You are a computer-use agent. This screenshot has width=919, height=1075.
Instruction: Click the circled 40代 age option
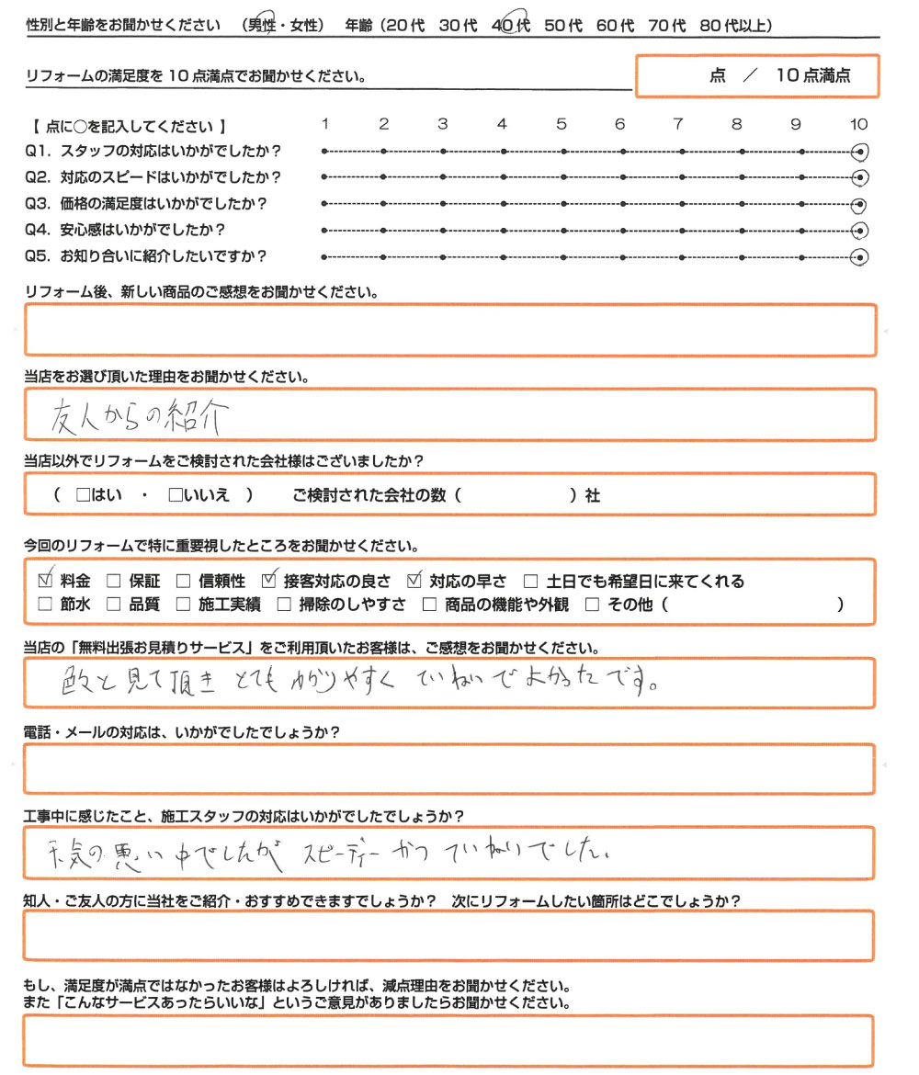pyautogui.click(x=511, y=26)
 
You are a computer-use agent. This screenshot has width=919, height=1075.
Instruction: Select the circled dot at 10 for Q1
pyautogui.click(x=860, y=152)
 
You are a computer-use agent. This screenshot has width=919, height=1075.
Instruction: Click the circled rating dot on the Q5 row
pyautogui.click(x=860, y=257)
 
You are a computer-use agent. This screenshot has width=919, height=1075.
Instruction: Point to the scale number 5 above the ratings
pyautogui.click(x=561, y=124)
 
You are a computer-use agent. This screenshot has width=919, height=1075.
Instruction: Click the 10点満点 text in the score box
pyautogui.click(x=813, y=76)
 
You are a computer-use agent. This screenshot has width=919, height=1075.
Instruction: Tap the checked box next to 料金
pyautogui.click(x=45, y=581)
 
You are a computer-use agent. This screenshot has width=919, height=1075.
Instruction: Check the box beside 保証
pyautogui.click(x=114, y=581)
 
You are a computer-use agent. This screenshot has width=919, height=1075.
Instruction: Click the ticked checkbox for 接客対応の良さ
pyautogui.click(x=269, y=581)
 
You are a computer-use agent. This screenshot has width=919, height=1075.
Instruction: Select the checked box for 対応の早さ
pyautogui.click(x=414, y=581)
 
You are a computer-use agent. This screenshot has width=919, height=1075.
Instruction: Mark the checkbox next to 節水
pyautogui.click(x=45, y=605)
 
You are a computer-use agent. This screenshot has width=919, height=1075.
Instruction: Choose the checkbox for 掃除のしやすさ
pyautogui.click(x=283, y=605)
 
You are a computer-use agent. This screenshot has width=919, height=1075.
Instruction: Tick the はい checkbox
pyautogui.click(x=84, y=495)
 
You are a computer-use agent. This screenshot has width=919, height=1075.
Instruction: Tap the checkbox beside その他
pyautogui.click(x=592, y=605)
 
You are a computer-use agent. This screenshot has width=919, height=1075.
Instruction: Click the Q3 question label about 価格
pyautogui.click(x=153, y=204)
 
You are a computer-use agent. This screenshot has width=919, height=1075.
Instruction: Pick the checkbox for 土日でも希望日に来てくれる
pyautogui.click(x=530, y=581)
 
